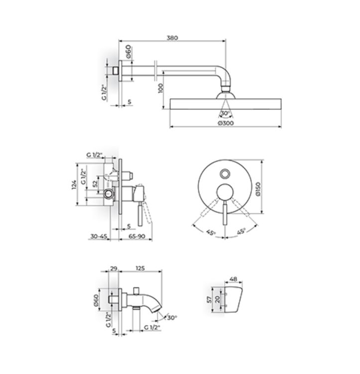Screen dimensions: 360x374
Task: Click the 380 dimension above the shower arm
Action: [x=172, y=38]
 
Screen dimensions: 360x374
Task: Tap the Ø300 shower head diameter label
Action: [x=226, y=123]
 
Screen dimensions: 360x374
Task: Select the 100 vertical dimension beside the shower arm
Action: [x=161, y=88]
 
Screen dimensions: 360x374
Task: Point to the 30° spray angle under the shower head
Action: [x=225, y=113]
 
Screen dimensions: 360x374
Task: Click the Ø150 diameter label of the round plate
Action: [x=258, y=189]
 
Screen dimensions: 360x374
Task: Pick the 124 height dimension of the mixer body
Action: [x=74, y=185]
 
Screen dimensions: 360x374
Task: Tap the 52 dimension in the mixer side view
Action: [x=95, y=184]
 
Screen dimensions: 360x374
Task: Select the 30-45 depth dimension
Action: [x=99, y=236]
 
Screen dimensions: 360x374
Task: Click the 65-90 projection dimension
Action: [x=137, y=236]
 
